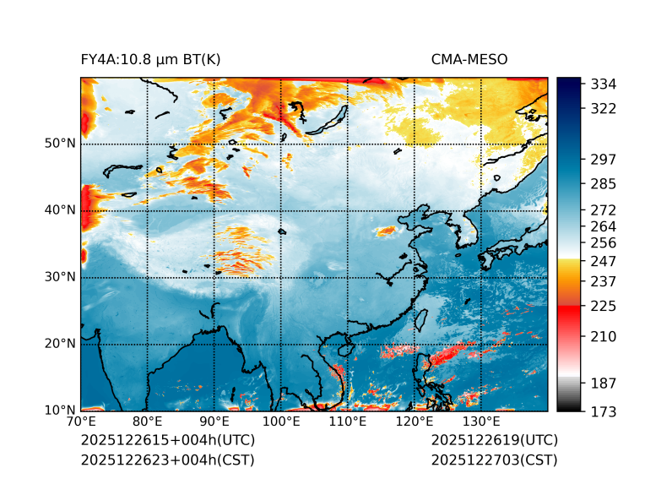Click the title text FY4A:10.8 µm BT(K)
tap(150, 60)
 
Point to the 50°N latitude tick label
tap(60, 144)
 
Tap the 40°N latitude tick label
tap(60, 210)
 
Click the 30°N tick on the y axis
tap(60, 277)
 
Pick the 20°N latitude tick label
tap(60, 344)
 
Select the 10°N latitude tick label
tap(60, 411)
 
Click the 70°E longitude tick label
tap(81, 422)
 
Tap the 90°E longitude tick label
tap(214, 422)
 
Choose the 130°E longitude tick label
tap(480, 422)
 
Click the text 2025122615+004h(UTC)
tap(167, 441)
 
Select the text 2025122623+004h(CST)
tap(167, 460)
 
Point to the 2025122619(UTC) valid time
tap(494, 441)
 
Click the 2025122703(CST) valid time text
tap(494, 460)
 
